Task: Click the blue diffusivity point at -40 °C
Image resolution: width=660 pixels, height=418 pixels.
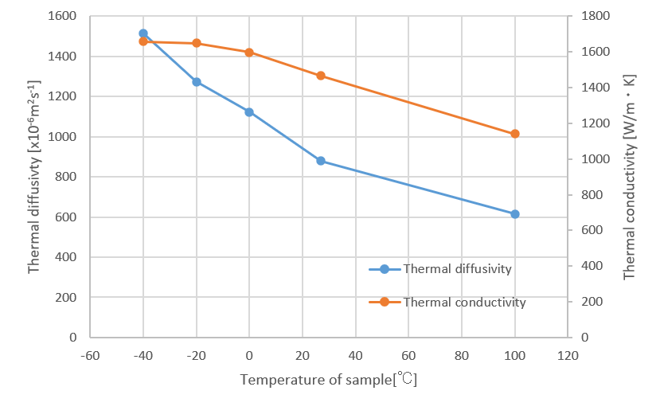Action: pyautogui.click(x=143, y=33)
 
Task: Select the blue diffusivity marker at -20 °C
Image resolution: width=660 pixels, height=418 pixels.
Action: pyautogui.click(x=197, y=82)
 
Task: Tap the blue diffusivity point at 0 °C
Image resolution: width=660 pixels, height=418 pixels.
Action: pyautogui.click(x=249, y=112)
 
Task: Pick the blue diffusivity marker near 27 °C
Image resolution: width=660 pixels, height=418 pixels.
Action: pyautogui.click(x=321, y=161)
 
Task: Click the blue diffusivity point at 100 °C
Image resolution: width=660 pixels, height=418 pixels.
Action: pyautogui.click(x=515, y=214)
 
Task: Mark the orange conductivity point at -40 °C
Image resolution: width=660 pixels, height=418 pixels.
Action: pyautogui.click(x=143, y=41)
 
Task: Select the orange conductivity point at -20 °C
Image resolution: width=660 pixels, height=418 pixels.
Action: pyautogui.click(x=197, y=44)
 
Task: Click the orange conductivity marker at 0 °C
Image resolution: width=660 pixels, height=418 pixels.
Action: pyautogui.click(x=249, y=53)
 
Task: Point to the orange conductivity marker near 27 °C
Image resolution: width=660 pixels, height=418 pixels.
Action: pyautogui.click(x=321, y=76)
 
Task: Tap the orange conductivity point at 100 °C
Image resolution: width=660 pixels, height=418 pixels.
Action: pyautogui.click(x=515, y=134)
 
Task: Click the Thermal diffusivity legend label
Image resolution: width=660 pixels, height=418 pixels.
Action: pyautogui.click(x=457, y=269)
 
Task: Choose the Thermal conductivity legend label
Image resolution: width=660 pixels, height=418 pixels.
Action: pyautogui.click(x=464, y=302)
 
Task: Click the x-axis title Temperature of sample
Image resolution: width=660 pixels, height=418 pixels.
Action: pyautogui.click(x=329, y=380)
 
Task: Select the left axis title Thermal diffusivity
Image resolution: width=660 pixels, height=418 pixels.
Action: pyautogui.click(x=34, y=176)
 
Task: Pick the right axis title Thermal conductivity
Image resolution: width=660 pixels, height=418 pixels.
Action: pyautogui.click(x=629, y=176)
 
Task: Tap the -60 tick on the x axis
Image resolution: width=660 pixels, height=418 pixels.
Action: pyautogui.click(x=90, y=355)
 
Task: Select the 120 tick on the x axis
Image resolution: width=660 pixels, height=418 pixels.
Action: pyautogui.click(x=568, y=355)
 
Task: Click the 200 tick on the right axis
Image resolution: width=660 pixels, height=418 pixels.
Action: pyautogui.click(x=584, y=302)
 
